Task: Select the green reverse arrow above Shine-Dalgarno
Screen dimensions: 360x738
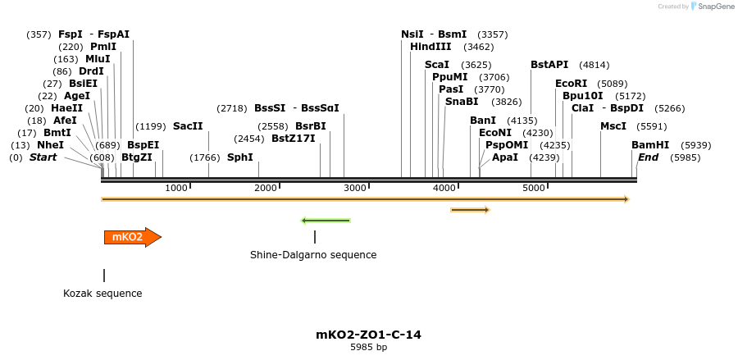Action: pyautogui.click(x=326, y=221)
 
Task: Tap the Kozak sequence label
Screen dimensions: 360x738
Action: pyautogui.click(x=102, y=294)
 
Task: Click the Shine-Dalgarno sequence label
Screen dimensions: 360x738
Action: pyautogui.click(x=313, y=255)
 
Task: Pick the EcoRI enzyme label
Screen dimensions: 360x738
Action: pyautogui.click(x=572, y=84)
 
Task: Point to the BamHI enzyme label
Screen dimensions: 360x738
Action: pyautogui.click(x=650, y=145)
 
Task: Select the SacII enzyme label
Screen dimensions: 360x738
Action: pyautogui.click(x=188, y=126)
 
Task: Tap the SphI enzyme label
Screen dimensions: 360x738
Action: pyautogui.click(x=240, y=157)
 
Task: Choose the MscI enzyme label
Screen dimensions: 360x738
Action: pyautogui.click(x=613, y=126)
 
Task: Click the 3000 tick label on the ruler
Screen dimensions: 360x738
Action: pyautogui.click(x=354, y=188)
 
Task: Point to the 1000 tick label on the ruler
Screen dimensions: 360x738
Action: pyautogui.click(x=176, y=188)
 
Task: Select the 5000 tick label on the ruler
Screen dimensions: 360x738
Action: pyautogui.click(x=534, y=188)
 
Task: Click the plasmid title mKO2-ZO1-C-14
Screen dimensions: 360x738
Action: pyautogui.click(x=368, y=335)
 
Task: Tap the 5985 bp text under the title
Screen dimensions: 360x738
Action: pyautogui.click(x=368, y=348)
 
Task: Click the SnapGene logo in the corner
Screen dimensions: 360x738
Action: pyautogui.click(x=710, y=7)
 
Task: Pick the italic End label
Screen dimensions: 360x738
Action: pyautogui.click(x=648, y=157)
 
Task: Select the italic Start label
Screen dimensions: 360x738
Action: pyautogui.click(x=43, y=157)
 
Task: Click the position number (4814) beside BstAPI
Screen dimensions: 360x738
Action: pyautogui.click(x=594, y=65)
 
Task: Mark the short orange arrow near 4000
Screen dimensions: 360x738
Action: pyautogui.click(x=470, y=210)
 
